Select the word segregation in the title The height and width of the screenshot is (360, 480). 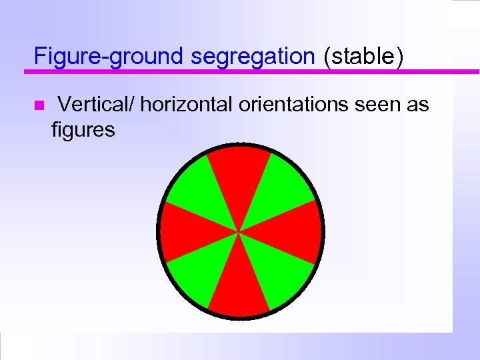253,57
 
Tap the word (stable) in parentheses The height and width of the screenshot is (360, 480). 363,57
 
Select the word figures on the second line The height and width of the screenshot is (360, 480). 83,129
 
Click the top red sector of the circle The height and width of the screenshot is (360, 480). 239,177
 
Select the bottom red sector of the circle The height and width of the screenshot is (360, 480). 239,287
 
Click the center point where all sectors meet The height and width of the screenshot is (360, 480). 239,232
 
